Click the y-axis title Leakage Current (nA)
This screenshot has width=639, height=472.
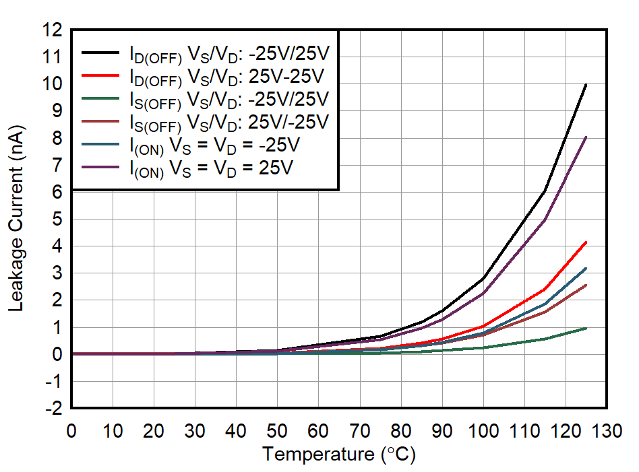16,219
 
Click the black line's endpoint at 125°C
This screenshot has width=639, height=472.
586,85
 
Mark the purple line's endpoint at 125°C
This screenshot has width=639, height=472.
586,137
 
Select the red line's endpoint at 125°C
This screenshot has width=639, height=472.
586,242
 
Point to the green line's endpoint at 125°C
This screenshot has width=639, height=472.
586,328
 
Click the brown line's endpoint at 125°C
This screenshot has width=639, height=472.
586,285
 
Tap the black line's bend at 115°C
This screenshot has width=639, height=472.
545,191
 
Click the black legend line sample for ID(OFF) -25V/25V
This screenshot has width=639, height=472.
102,53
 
